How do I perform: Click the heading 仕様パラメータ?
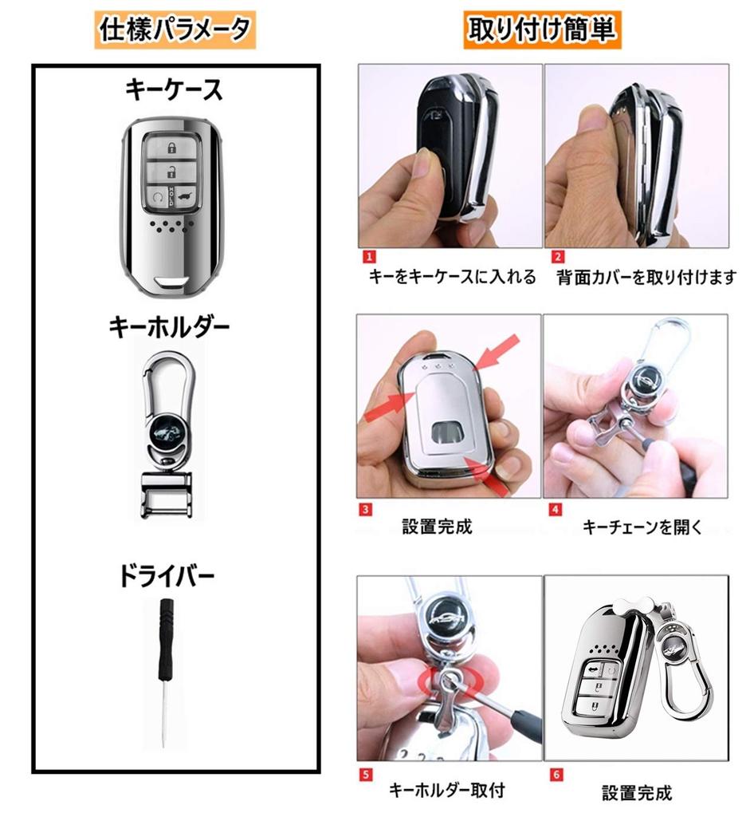coord(175,30)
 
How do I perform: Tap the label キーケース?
coord(174,91)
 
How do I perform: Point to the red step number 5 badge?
coord(366,772)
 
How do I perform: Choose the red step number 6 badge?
coord(556,772)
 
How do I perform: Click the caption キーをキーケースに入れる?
coord(452,278)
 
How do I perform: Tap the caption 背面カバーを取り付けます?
coord(646,278)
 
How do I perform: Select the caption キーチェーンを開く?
coord(642,527)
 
